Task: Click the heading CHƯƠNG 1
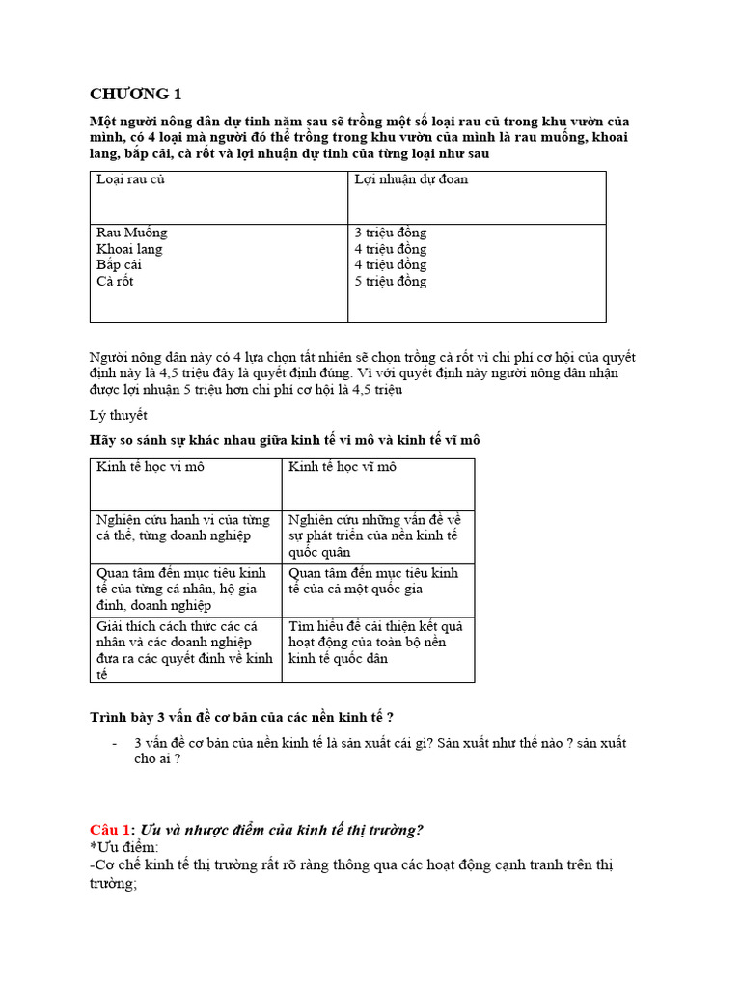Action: [135, 94]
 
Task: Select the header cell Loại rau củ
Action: [130, 179]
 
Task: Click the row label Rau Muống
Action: [132, 233]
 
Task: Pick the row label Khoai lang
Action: [129, 249]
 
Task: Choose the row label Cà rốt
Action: [115, 281]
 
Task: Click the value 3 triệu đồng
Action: [391, 233]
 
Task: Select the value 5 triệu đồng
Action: [391, 281]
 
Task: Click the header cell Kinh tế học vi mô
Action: [150, 467]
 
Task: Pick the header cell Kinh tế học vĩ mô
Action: [343, 467]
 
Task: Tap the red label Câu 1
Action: [110, 830]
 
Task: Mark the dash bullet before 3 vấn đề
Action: [116, 743]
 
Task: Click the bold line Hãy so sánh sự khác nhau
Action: [285, 440]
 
